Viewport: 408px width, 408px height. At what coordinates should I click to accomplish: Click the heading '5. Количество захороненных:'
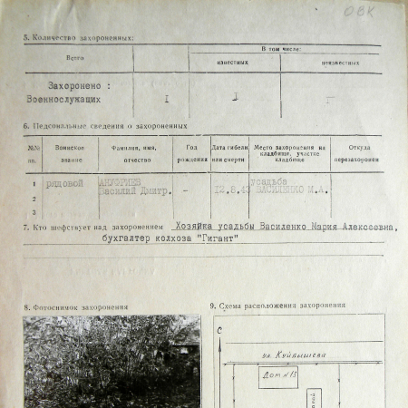pos(79,38)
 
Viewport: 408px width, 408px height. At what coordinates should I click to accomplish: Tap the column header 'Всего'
pos(78,55)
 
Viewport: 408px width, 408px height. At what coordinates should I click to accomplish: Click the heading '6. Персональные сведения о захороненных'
pos(105,125)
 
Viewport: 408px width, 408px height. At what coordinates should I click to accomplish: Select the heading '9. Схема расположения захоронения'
pos(277,306)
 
